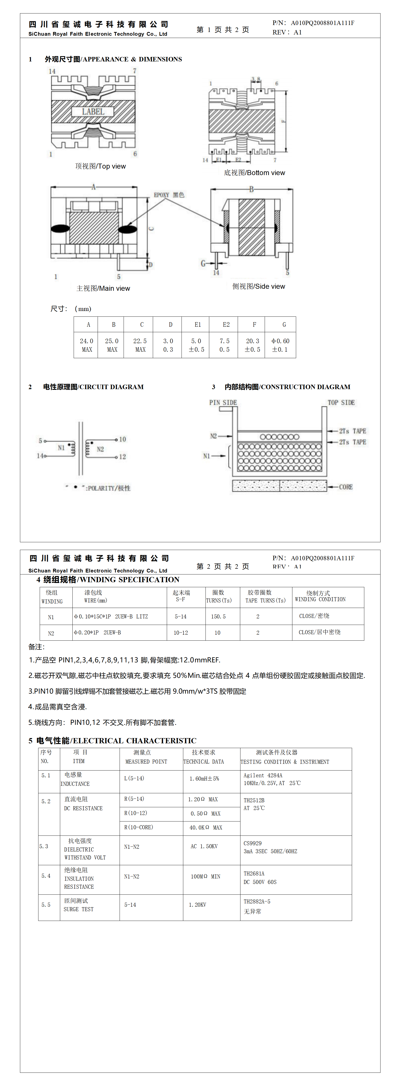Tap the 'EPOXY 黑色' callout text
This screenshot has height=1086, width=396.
coord(169,195)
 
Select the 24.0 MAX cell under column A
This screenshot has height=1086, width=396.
coord(86,345)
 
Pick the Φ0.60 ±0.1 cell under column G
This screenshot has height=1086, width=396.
coord(280,345)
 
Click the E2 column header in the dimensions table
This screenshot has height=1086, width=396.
coord(226,325)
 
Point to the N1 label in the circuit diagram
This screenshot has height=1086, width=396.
coord(61,448)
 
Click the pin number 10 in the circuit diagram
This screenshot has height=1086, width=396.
coord(123,439)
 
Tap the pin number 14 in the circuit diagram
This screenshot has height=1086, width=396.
coord(40,456)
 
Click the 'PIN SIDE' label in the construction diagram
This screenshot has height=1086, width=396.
coord(223,403)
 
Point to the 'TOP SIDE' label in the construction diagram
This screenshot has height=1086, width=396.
coord(341,403)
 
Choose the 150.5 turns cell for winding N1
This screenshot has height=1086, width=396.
coord(218,616)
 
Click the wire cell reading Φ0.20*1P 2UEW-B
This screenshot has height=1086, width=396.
coord(97,632)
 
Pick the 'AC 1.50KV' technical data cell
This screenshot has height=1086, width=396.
coord(204,846)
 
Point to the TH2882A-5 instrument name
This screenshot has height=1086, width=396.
coord(257,901)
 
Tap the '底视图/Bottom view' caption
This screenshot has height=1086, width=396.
coord(254,173)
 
